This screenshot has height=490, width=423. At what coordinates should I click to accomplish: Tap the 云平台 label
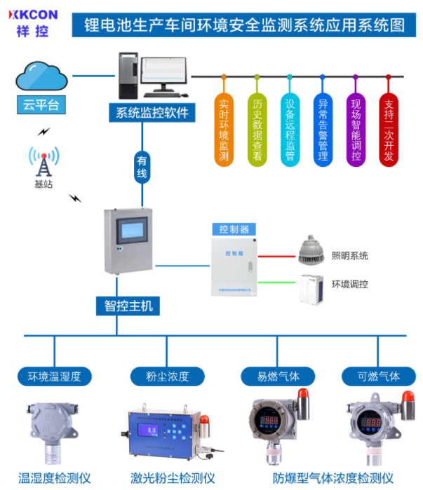coord(41,106)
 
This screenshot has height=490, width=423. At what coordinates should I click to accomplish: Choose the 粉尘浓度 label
coord(168,376)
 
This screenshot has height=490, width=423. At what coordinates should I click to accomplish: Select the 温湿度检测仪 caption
coord(55,478)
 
